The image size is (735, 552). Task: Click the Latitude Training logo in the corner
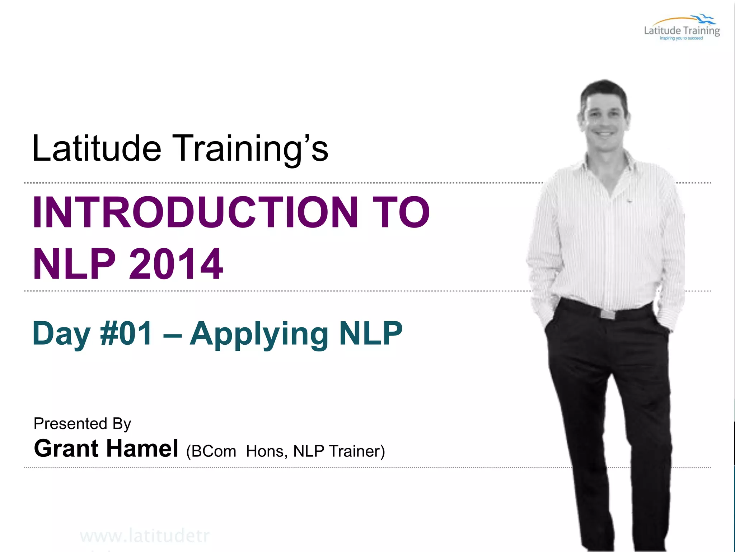(x=682, y=29)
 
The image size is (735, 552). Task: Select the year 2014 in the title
(x=176, y=264)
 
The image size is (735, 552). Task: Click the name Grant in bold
(x=66, y=448)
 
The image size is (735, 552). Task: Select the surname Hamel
(x=142, y=448)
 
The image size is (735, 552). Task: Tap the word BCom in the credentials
(x=214, y=451)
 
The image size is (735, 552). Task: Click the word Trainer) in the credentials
(x=357, y=451)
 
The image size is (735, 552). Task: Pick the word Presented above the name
(x=70, y=423)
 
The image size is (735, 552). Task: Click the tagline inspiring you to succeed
(x=681, y=38)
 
